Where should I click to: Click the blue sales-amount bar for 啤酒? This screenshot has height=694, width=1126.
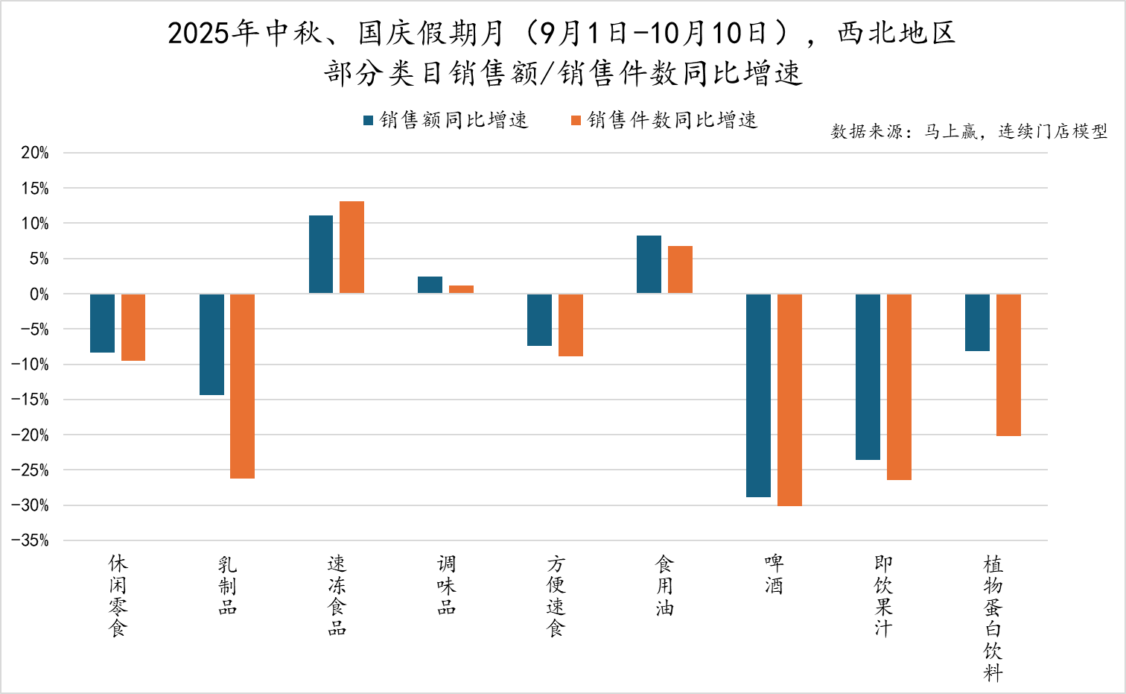[x=758, y=395]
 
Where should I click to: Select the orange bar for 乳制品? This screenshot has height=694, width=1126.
[x=242, y=386]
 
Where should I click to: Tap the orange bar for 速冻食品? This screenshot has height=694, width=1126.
[x=352, y=247]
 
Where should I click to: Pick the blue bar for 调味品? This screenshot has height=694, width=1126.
[x=430, y=285]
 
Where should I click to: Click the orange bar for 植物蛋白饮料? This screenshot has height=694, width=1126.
[x=1008, y=365]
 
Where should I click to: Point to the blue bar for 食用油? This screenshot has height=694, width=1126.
[x=649, y=265]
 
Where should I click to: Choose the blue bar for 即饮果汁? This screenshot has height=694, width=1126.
[x=868, y=376]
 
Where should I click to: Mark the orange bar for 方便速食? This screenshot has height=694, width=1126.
[x=570, y=325]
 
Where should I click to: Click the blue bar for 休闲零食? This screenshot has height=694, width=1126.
[x=102, y=323]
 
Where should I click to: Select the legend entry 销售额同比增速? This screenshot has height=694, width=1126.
[x=445, y=120]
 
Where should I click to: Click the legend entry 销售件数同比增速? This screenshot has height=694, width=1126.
[x=664, y=120]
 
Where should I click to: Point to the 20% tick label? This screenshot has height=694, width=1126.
[x=35, y=153]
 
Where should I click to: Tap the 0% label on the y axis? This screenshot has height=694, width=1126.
[x=39, y=294]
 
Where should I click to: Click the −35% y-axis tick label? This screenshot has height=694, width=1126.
[x=31, y=540]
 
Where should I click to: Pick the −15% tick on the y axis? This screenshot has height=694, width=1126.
[x=31, y=400]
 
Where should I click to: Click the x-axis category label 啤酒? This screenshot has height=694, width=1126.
[x=774, y=574]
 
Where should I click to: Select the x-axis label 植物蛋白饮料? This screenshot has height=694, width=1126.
[x=993, y=618]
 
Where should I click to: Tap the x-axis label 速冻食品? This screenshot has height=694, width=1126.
[x=337, y=596]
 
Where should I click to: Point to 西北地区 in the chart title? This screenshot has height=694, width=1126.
[x=896, y=34]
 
